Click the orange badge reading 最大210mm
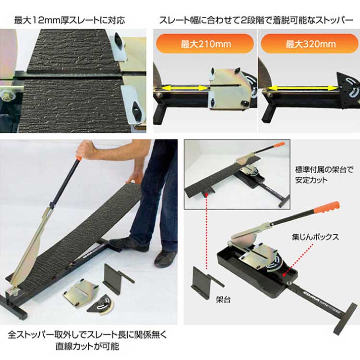(x=205, y=44)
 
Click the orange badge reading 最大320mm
(x=310, y=44)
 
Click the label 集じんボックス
(x=315, y=237)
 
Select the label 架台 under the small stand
(x=223, y=300)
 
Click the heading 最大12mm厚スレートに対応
(x=70, y=21)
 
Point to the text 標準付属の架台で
(x=324, y=170)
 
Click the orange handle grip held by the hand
(x=79, y=158)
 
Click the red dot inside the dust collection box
(x=284, y=275)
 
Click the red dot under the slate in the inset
(x=206, y=195)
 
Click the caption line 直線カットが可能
(x=87, y=347)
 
